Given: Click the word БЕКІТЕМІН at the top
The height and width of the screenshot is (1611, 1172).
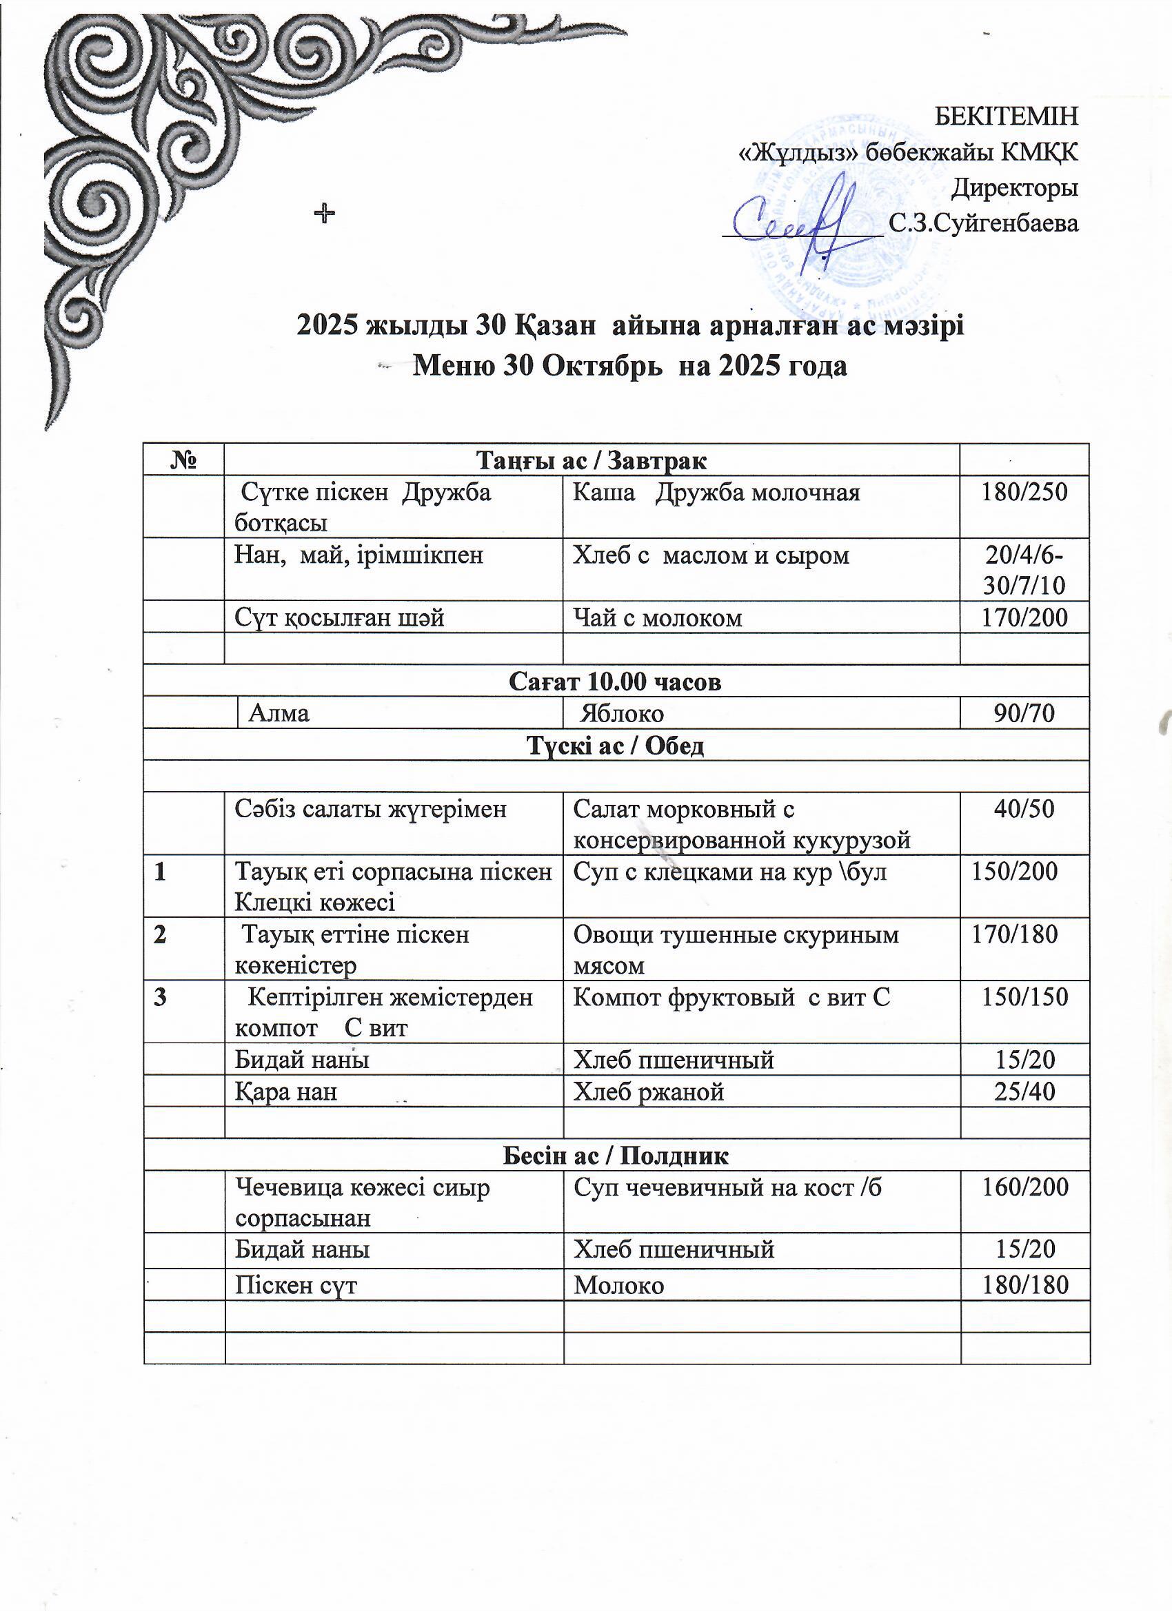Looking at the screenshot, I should [x=1005, y=116].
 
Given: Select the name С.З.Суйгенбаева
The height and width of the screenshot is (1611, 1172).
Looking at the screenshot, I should [x=984, y=224].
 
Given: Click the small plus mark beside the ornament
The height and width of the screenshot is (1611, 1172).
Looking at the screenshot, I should [x=325, y=212].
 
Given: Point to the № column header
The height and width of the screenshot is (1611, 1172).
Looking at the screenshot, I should [x=183, y=461].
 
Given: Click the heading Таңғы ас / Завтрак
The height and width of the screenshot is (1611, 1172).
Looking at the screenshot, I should [x=592, y=461].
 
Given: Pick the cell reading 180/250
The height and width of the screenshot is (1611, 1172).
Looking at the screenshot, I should [x=1024, y=492].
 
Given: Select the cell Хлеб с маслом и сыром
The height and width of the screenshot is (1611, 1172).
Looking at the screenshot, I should [x=711, y=555].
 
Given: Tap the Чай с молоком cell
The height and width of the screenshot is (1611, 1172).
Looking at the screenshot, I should [x=658, y=618].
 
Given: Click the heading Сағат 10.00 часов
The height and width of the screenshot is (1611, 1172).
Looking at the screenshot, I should [x=616, y=681].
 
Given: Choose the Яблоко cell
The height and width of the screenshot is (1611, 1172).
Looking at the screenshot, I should [x=622, y=712].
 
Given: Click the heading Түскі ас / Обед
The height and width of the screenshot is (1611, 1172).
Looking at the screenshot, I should [x=616, y=745].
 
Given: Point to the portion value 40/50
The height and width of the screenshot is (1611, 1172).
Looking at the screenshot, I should [x=1024, y=808].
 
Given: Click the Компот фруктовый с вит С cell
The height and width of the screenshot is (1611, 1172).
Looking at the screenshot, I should [x=731, y=997].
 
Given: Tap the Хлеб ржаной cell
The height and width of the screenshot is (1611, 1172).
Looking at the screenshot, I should [x=648, y=1091].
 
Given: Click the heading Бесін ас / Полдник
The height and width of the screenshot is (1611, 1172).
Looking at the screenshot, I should [x=616, y=1155].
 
